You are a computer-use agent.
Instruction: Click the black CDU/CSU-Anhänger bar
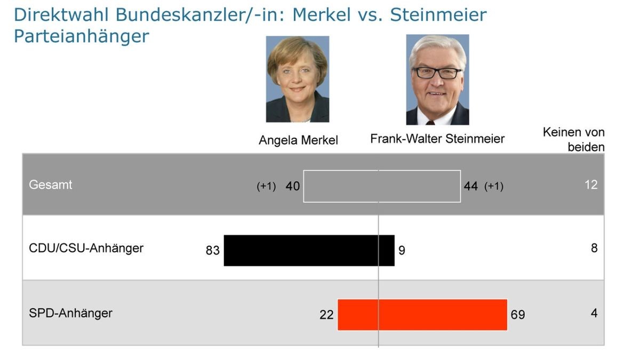tap(309, 250)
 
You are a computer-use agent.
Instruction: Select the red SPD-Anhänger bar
tap(422, 315)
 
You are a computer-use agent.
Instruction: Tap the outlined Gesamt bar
tap(382, 186)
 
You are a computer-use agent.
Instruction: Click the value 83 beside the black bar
tap(213, 250)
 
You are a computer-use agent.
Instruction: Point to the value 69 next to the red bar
tap(518, 315)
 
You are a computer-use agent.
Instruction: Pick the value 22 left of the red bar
tap(326, 315)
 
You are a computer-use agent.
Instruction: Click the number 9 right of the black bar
tap(402, 250)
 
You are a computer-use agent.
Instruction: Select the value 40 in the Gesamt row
tap(293, 186)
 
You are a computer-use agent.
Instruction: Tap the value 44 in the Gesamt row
tap(471, 186)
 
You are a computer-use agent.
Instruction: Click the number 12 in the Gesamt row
tap(591, 185)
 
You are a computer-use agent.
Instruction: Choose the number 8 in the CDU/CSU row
tap(594, 248)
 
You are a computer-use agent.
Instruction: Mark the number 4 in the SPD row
tap(594, 313)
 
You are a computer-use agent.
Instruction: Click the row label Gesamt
tap(51, 185)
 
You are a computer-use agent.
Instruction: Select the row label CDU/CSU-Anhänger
tap(86, 248)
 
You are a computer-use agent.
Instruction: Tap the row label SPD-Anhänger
tap(70, 313)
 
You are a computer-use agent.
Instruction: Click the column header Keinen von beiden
tap(574, 139)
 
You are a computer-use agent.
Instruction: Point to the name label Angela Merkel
tap(298, 140)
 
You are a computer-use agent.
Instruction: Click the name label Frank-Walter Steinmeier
tap(437, 139)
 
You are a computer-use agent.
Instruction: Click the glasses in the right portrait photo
tap(437, 73)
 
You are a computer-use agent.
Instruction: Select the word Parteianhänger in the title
tap(81, 36)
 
